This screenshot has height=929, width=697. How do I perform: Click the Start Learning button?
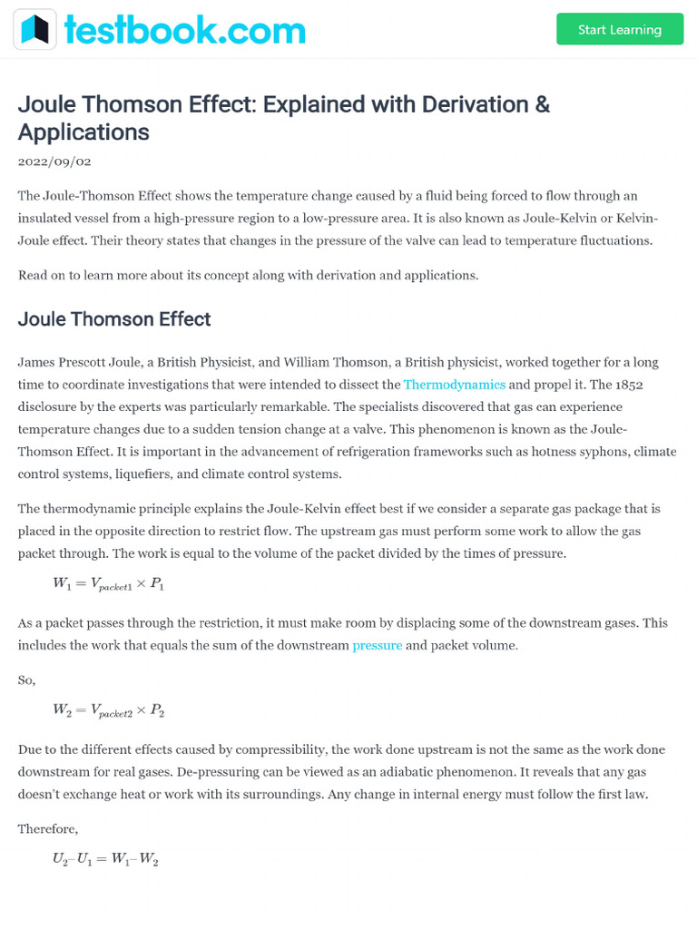(x=620, y=30)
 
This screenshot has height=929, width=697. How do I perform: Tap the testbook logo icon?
(x=34, y=30)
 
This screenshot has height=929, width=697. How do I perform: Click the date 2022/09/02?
(x=54, y=161)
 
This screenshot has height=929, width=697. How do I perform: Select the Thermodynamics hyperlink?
(x=454, y=385)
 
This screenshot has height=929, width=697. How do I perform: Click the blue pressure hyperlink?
(x=377, y=646)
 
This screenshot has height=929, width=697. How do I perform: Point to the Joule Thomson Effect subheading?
(x=114, y=319)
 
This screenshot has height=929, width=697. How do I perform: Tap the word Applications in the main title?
(x=83, y=132)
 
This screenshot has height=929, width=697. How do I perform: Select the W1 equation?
(x=108, y=585)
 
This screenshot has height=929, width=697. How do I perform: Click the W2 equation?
(x=108, y=711)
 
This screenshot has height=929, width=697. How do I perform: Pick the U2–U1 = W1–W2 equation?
(x=105, y=859)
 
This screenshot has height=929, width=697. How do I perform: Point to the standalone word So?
(x=27, y=680)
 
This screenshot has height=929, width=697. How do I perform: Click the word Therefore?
(x=48, y=828)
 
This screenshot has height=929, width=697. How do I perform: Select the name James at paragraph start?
(x=37, y=362)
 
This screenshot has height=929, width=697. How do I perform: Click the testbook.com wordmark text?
(x=185, y=30)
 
